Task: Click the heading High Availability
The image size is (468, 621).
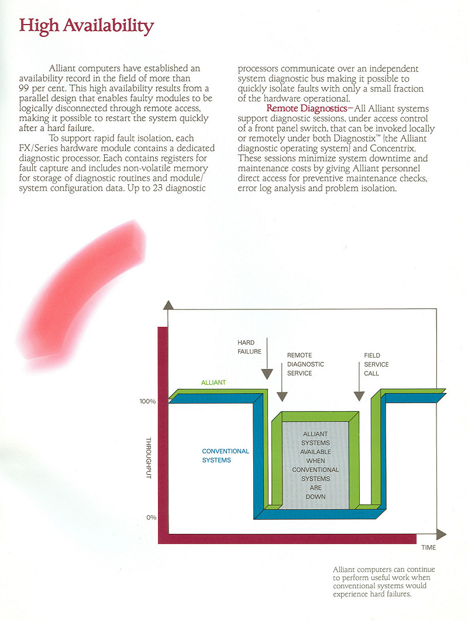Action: [x=87, y=26]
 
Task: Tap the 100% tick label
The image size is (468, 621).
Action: [x=147, y=402]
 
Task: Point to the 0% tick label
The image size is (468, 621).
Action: [x=150, y=517]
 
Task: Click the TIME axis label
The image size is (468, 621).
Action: [x=429, y=547]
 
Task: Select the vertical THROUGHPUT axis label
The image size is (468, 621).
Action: [x=148, y=460]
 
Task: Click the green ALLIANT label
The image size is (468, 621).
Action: [x=214, y=382]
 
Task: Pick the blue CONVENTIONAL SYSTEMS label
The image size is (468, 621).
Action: [x=225, y=456]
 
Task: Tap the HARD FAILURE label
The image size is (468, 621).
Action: [x=249, y=347]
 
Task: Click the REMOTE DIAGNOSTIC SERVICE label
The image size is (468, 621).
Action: [x=305, y=364]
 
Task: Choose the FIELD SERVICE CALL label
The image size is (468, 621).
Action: [x=376, y=364]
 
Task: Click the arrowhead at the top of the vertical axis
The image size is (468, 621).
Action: [x=168, y=305]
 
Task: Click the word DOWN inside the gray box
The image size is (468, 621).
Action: [x=315, y=496]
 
